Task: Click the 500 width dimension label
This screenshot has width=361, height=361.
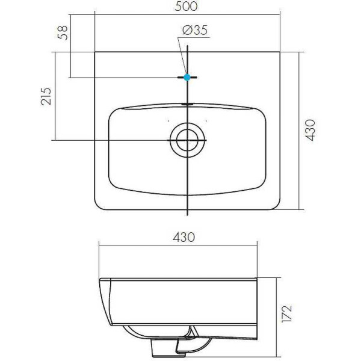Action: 188,7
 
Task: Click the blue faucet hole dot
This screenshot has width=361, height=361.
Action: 187,77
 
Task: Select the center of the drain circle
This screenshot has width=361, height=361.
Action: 187,140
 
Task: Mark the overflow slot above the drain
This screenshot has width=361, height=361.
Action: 187,103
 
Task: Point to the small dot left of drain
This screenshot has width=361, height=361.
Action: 168,120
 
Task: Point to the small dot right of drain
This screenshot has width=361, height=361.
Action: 206,120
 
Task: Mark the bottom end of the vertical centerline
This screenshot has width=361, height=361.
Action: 188,215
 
